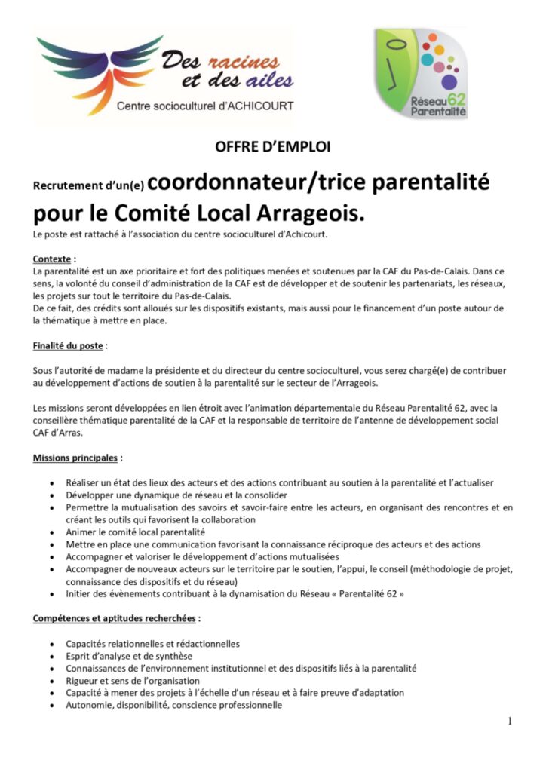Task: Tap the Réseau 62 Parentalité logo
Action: coord(421,73)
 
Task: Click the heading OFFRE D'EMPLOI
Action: coord(273,147)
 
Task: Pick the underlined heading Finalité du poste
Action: coord(69,346)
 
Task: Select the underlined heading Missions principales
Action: coord(75,458)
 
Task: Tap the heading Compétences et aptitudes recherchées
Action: coord(115,619)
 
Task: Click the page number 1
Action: coord(510,721)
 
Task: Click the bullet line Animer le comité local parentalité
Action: coord(135,532)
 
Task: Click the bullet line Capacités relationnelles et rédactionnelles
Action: coord(152,644)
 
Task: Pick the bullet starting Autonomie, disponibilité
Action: coord(173,706)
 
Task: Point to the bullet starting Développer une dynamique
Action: coord(166,495)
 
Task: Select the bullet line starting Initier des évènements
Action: coord(234,594)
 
